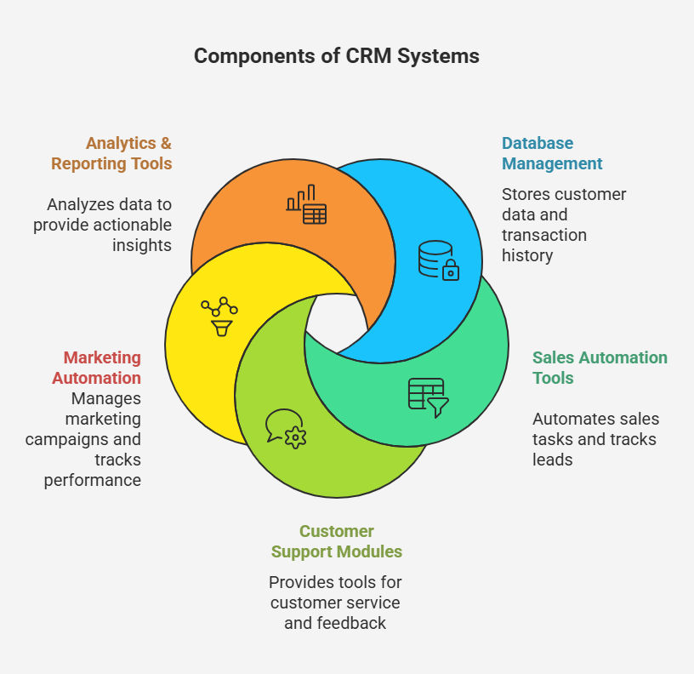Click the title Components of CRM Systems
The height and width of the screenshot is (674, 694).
click(x=336, y=56)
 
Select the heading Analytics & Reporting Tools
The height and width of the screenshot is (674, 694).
click(x=111, y=153)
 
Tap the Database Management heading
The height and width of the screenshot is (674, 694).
click(x=552, y=153)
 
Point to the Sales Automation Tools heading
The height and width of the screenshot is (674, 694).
click(x=600, y=368)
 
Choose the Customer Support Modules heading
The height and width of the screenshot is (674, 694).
click(x=336, y=541)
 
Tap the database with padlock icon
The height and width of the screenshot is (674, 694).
click(x=438, y=260)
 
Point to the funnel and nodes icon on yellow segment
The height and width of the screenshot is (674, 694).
click(x=219, y=316)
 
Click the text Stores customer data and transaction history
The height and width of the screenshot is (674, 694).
click(x=563, y=225)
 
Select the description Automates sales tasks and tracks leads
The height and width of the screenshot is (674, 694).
click(x=595, y=439)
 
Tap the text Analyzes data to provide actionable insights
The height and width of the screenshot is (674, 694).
click(x=104, y=225)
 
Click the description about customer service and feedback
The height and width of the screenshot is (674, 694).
click(x=335, y=603)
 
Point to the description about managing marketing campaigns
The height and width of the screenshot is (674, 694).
click(x=89, y=439)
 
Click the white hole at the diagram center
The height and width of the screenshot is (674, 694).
click(x=338, y=323)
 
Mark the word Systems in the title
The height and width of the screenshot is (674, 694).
click(x=441, y=56)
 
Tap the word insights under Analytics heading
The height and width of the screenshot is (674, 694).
click(x=142, y=245)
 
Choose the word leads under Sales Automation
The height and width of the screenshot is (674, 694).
click(x=553, y=460)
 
